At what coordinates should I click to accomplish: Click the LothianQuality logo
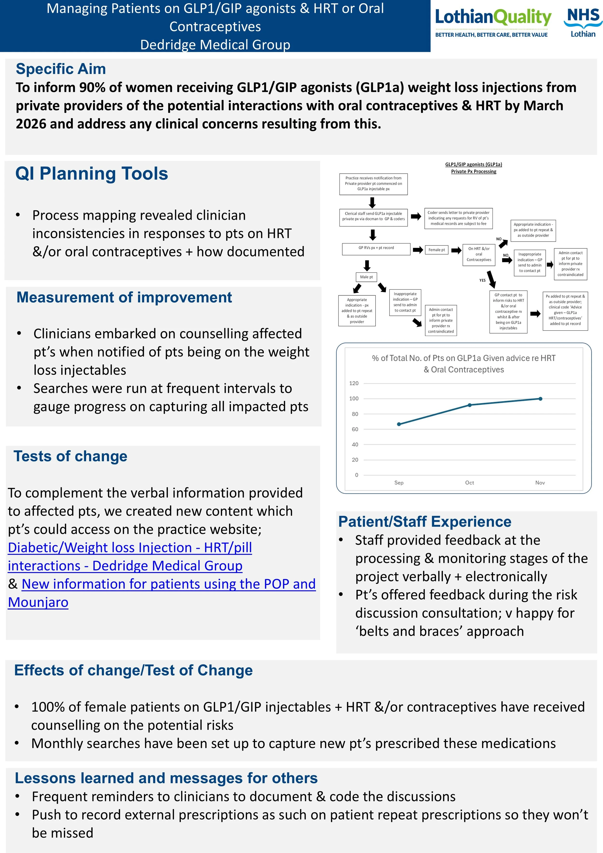tap(493, 23)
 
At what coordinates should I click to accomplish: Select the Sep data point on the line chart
tap(399, 424)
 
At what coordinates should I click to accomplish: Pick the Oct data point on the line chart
tap(470, 405)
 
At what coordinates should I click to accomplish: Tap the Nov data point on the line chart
tap(540, 399)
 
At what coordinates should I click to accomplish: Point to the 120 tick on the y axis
tap(354, 383)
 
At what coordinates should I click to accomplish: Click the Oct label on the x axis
tap(469, 482)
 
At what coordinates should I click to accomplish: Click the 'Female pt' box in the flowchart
tap(437, 250)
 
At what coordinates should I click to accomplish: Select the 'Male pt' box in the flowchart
tap(366, 277)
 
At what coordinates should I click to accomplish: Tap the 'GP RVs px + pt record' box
tap(376, 248)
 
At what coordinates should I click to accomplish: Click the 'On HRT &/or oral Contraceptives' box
tap(479, 254)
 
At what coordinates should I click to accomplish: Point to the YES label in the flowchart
tap(482, 280)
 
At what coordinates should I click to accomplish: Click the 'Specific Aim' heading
tap(61, 69)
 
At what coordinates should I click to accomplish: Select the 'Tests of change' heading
tap(70, 456)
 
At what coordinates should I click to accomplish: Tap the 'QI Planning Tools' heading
tap(92, 174)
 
